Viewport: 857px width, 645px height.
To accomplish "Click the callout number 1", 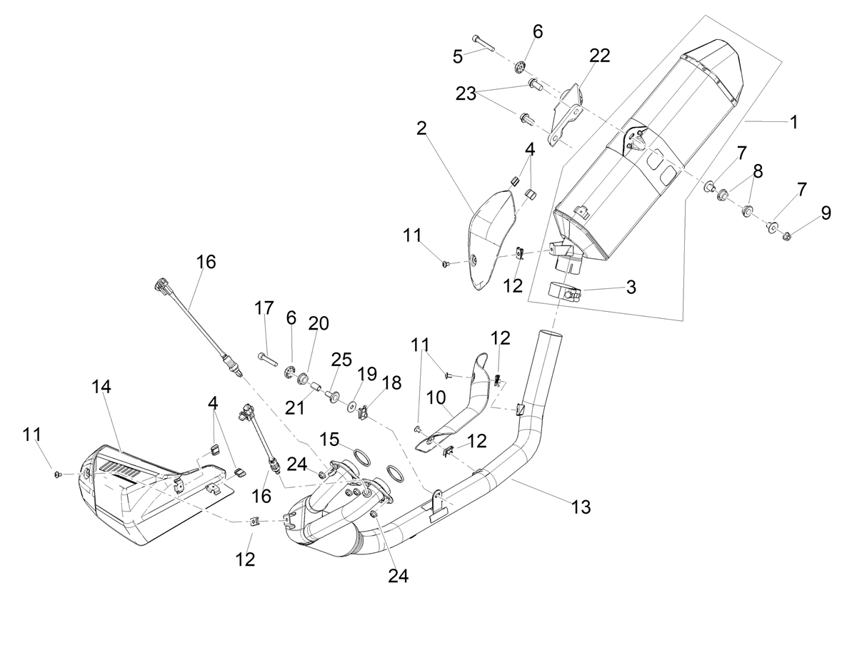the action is tap(793, 122).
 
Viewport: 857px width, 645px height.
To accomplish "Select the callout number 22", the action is tap(599, 56).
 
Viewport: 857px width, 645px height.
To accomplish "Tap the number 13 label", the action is tap(581, 507).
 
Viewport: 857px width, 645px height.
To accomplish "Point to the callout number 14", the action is tap(101, 387).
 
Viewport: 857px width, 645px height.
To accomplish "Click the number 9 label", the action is tap(826, 213).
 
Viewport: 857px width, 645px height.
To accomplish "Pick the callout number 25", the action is tap(341, 360).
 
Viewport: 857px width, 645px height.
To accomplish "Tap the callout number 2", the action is tap(421, 128).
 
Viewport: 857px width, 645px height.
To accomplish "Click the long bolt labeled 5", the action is tap(483, 44).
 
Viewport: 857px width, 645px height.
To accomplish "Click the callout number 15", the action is tap(329, 440).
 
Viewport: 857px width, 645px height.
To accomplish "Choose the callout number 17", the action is tap(264, 308).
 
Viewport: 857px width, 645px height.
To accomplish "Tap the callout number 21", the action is tap(294, 408).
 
